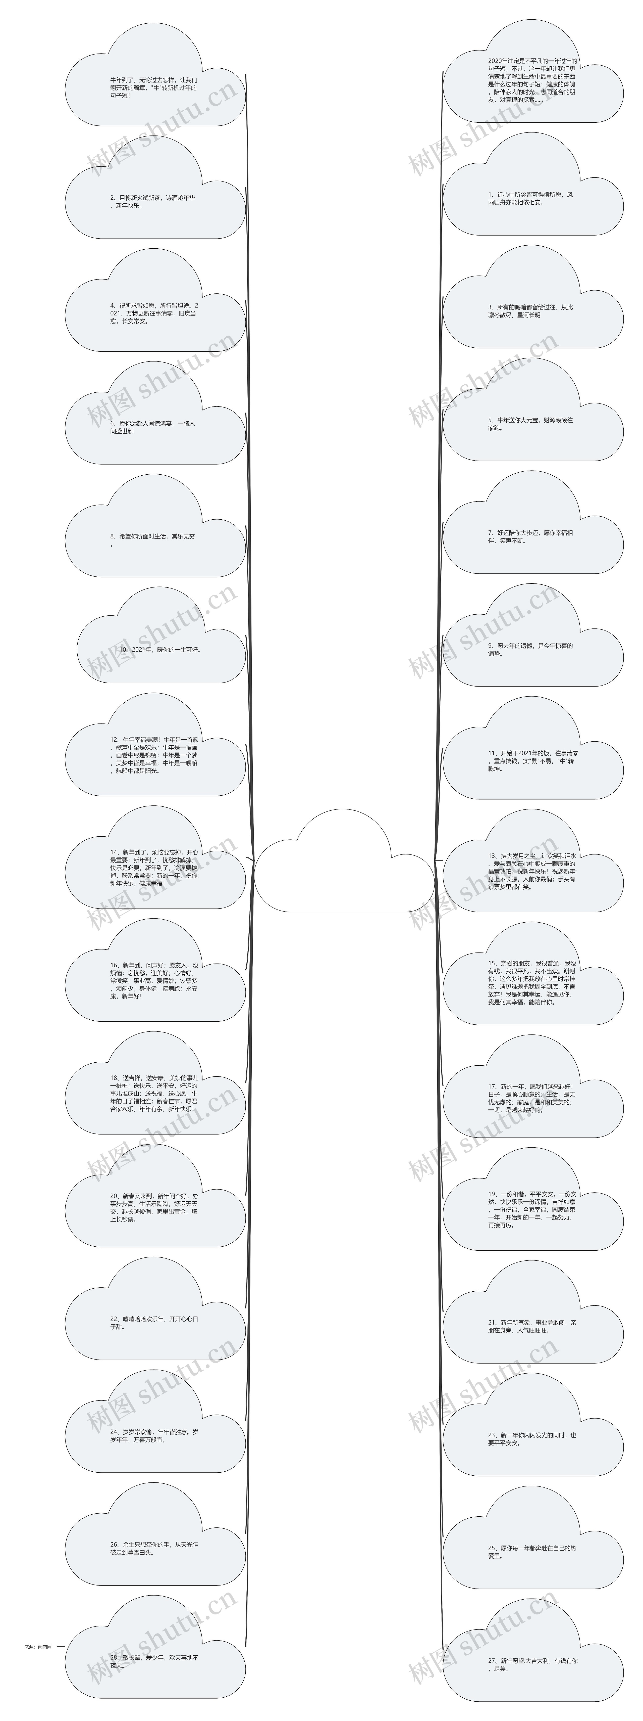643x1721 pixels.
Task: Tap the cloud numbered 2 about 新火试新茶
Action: tap(155, 202)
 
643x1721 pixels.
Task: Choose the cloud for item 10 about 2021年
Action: tap(160, 649)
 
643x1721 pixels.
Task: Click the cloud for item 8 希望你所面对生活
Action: tap(155, 540)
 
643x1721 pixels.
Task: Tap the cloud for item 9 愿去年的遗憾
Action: tap(533, 649)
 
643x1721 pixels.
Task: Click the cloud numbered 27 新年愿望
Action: tap(533, 1663)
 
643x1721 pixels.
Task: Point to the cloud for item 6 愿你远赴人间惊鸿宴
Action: tap(155, 428)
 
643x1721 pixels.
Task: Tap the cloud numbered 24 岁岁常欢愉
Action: tap(155, 1436)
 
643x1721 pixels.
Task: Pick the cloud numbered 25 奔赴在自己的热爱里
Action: tap(533, 1551)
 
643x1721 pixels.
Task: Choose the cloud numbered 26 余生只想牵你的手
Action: tap(155, 1549)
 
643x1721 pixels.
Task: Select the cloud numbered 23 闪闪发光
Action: tap(533, 1438)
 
